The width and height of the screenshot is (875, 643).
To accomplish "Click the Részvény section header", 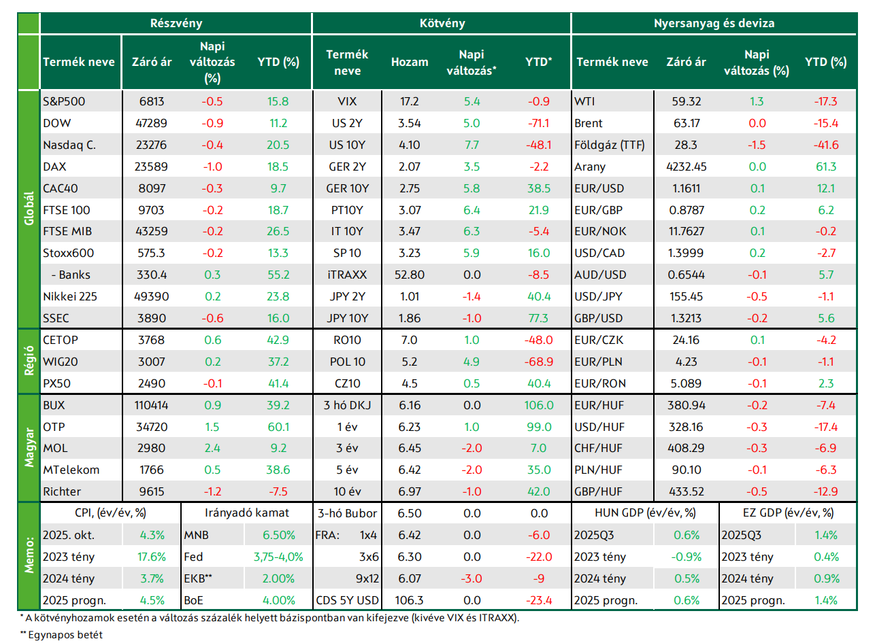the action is [176, 23].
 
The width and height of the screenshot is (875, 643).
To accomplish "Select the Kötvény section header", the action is [442, 23].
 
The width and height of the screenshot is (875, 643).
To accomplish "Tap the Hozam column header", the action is [410, 62].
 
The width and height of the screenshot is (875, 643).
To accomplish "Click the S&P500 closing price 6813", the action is [152, 101].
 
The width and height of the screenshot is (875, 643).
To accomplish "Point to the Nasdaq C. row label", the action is [69, 145].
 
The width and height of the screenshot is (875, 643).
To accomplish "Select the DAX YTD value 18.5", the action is [278, 167].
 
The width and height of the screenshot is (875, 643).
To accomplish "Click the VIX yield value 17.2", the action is [410, 101].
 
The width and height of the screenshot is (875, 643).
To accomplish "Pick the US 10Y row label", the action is [347, 145].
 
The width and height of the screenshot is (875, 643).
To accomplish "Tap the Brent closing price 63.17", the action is [687, 123].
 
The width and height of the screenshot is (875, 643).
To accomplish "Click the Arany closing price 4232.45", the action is [687, 167].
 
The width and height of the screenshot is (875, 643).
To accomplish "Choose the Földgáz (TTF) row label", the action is [610, 145].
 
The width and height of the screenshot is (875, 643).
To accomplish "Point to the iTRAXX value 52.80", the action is [410, 275].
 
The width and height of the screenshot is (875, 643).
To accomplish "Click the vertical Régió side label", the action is [29, 360].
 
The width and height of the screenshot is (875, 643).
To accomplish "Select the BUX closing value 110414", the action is [152, 405].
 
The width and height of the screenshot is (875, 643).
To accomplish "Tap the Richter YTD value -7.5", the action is [278, 491].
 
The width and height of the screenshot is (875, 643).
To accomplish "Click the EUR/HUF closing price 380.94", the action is [687, 405].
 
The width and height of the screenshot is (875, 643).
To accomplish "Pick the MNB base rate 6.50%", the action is [278, 535].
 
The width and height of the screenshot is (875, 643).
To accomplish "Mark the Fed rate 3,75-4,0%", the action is [278, 557].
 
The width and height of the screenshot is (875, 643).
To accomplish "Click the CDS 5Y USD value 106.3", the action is [409, 600].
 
